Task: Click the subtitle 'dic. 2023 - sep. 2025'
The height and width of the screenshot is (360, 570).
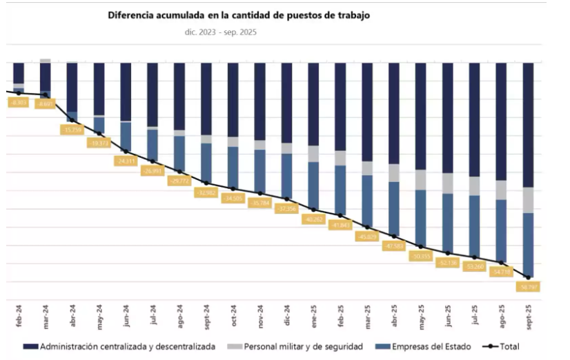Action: [217, 32]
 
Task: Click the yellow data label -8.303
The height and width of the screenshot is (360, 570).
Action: [19, 102]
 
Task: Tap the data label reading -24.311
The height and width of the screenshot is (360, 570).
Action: [126, 161]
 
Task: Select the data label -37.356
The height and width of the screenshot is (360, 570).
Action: [286, 208]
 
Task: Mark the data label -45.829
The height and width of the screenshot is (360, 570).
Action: [367, 237]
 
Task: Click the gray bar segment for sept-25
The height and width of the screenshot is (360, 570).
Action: [528, 200]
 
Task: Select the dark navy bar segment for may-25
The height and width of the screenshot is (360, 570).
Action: [421, 116]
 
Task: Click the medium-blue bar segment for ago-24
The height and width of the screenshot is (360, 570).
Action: [179, 153]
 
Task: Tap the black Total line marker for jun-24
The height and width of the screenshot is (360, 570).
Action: [126, 150]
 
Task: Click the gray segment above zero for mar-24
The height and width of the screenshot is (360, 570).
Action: [45, 61]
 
